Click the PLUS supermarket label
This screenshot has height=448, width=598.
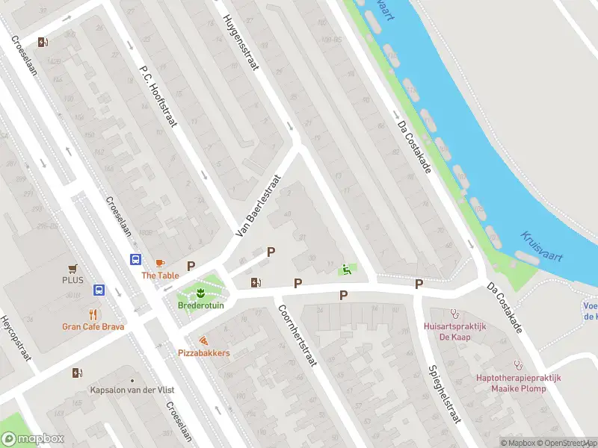pos(73,280)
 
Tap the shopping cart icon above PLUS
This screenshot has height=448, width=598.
pos(73,267)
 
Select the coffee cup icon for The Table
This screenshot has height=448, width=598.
pos(160,263)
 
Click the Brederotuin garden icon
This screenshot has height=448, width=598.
pos(200,290)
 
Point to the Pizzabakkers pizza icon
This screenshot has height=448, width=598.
pos(203,340)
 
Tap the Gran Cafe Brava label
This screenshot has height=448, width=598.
pos(93,326)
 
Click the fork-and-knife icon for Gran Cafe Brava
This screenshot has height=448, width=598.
pos(93,314)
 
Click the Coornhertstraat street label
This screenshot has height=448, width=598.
pos(298,336)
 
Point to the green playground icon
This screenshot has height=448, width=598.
pos(345,270)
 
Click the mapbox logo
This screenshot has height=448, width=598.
pos(33,439)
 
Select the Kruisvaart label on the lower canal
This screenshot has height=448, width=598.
pos(543,246)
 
